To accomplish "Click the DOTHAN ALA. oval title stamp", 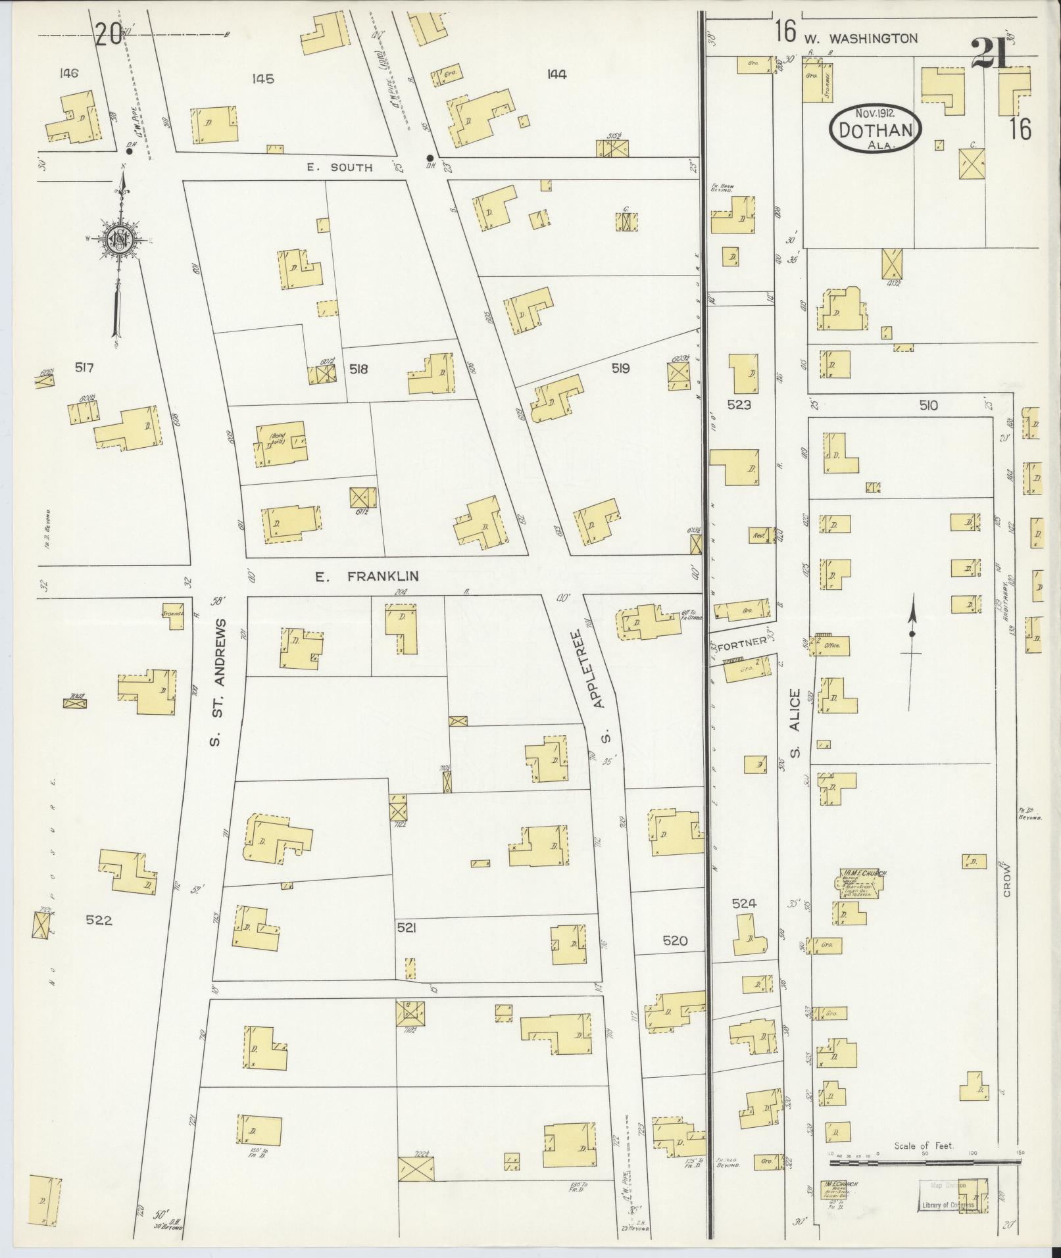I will click(x=876, y=129).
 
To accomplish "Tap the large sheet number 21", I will click(x=989, y=55).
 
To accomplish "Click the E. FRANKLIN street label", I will click(x=366, y=577).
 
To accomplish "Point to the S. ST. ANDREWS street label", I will click(x=218, y=682).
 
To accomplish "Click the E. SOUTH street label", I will click(x=339, y=167).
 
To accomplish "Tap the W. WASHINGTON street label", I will click(x=860, y=39).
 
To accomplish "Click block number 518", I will click(x=358, y=369).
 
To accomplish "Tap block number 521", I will click(x=407, y=927).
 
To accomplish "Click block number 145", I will click(x=262, y=79).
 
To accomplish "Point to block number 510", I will click(x=928, y=406).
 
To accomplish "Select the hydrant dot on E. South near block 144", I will click(x=430, y=158).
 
